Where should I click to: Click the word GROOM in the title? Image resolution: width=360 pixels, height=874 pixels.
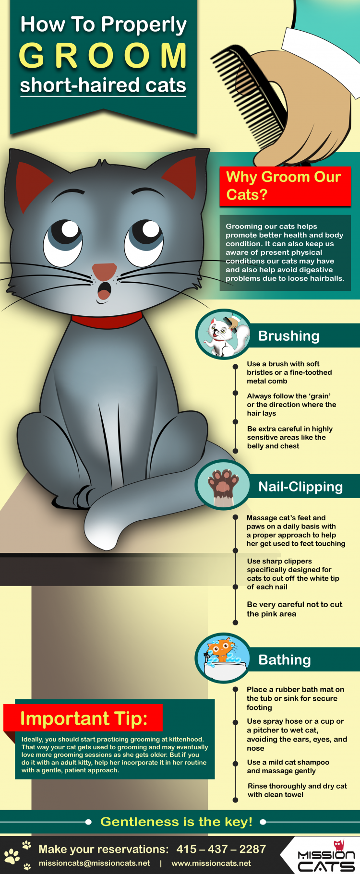103,56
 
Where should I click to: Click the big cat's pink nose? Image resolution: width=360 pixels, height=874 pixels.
105,272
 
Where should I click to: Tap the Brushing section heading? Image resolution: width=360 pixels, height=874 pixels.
289,335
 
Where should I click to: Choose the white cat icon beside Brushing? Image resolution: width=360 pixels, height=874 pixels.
223,334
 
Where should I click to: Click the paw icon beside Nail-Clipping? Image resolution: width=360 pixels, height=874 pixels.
223,485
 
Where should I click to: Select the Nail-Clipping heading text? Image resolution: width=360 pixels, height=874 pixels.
300,487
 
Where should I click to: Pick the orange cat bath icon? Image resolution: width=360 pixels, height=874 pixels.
223,658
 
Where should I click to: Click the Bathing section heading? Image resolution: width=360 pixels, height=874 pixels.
285,660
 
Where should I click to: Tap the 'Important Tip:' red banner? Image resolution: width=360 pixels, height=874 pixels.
84,718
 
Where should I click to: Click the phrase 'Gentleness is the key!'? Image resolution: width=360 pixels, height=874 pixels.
176,822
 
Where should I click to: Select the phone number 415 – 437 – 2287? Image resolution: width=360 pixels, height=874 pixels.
221,849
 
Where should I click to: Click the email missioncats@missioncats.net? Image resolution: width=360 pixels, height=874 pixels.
94,863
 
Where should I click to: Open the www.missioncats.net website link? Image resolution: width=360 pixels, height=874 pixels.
211,863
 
